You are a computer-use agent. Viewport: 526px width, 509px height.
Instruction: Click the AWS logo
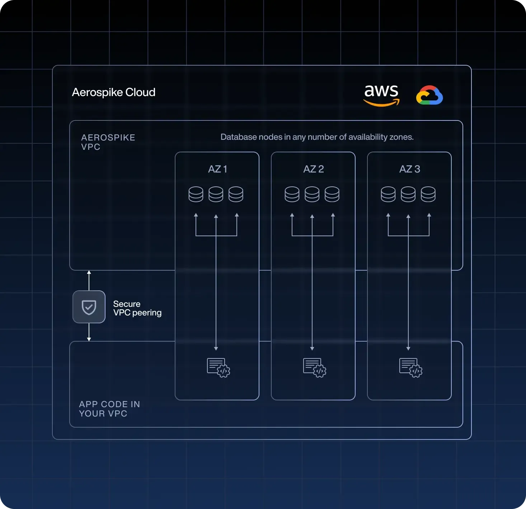(381, 96)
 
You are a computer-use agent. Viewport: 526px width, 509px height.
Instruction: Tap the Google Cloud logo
(429, 95)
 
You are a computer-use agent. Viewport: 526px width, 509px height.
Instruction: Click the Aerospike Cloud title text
(113, 92)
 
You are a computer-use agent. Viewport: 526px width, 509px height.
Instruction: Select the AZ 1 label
(217, 169)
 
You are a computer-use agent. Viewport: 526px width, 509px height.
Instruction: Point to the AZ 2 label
(314, 169)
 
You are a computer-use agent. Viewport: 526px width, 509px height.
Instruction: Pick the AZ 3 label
(410, 169)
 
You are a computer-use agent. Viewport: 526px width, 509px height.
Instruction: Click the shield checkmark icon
(89, 307)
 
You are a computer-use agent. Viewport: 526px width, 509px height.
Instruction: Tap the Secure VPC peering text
(137, 308)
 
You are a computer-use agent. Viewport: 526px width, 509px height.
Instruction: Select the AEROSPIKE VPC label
(108, 142)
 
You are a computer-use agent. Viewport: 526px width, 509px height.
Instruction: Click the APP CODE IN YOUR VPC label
(109, 409)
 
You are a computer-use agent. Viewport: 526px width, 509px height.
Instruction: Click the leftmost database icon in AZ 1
(196, 194)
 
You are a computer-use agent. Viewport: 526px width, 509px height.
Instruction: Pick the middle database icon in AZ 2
(312, 194)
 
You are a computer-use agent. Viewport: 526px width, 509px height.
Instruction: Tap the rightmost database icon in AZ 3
(428, 194)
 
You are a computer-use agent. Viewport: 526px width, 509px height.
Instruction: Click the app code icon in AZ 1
(219, 367)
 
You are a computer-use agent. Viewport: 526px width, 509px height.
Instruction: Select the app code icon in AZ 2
(315, 367)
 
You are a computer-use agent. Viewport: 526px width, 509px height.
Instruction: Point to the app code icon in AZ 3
(411, 367)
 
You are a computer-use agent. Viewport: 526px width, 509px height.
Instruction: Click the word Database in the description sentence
(238, 137)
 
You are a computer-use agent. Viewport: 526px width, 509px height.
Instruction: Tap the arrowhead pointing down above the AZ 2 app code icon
(312, 349)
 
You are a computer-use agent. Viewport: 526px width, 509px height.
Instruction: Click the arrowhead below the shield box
(89, 339)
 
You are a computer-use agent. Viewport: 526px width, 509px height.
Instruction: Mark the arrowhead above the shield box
(89, 272)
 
